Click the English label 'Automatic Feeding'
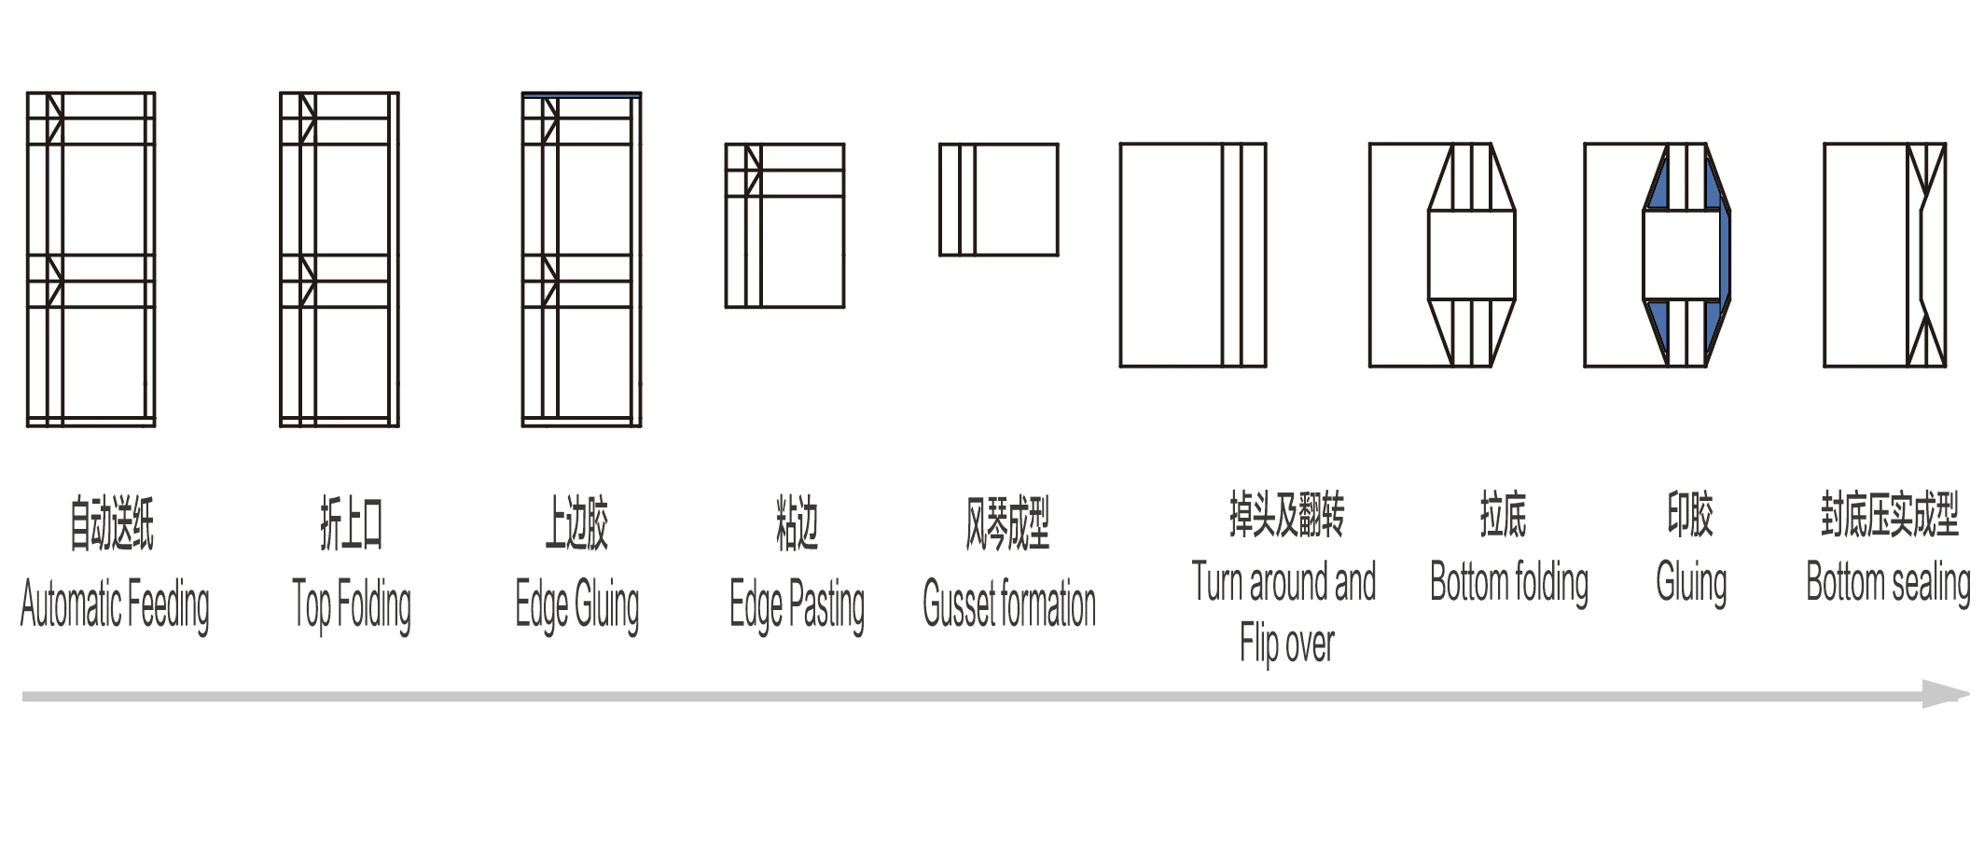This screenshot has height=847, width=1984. pos(115,604)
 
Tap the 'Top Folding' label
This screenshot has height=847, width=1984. pos(352,604)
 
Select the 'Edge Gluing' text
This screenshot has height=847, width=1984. pos(577,604)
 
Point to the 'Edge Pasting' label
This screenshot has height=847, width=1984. pos(797,604)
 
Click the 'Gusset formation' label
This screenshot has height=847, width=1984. pos(1008,604)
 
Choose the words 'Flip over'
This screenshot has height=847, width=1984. pos(1286,644)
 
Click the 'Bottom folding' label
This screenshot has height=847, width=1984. pos(1508,583)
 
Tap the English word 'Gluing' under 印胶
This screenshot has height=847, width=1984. pos(1691,583)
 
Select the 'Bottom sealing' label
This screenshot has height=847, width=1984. pos(1888,583)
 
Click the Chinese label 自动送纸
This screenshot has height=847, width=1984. pos(112,524)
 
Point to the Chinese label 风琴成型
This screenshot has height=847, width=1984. pos(1007,524)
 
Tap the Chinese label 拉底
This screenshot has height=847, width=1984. pos(1503,515)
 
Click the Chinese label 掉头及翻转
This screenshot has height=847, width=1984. pos(1286,515)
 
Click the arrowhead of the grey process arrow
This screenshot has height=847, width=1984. pos(1946,695)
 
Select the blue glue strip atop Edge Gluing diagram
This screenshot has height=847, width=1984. pos(581,95)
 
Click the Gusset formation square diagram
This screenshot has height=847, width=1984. pos(998,200)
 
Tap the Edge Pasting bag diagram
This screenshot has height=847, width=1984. pos(784,226)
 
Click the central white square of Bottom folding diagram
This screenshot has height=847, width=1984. pos(1471,255)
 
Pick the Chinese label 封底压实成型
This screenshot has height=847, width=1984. pos(1889,515)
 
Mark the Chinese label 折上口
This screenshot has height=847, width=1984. pos(352,524)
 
